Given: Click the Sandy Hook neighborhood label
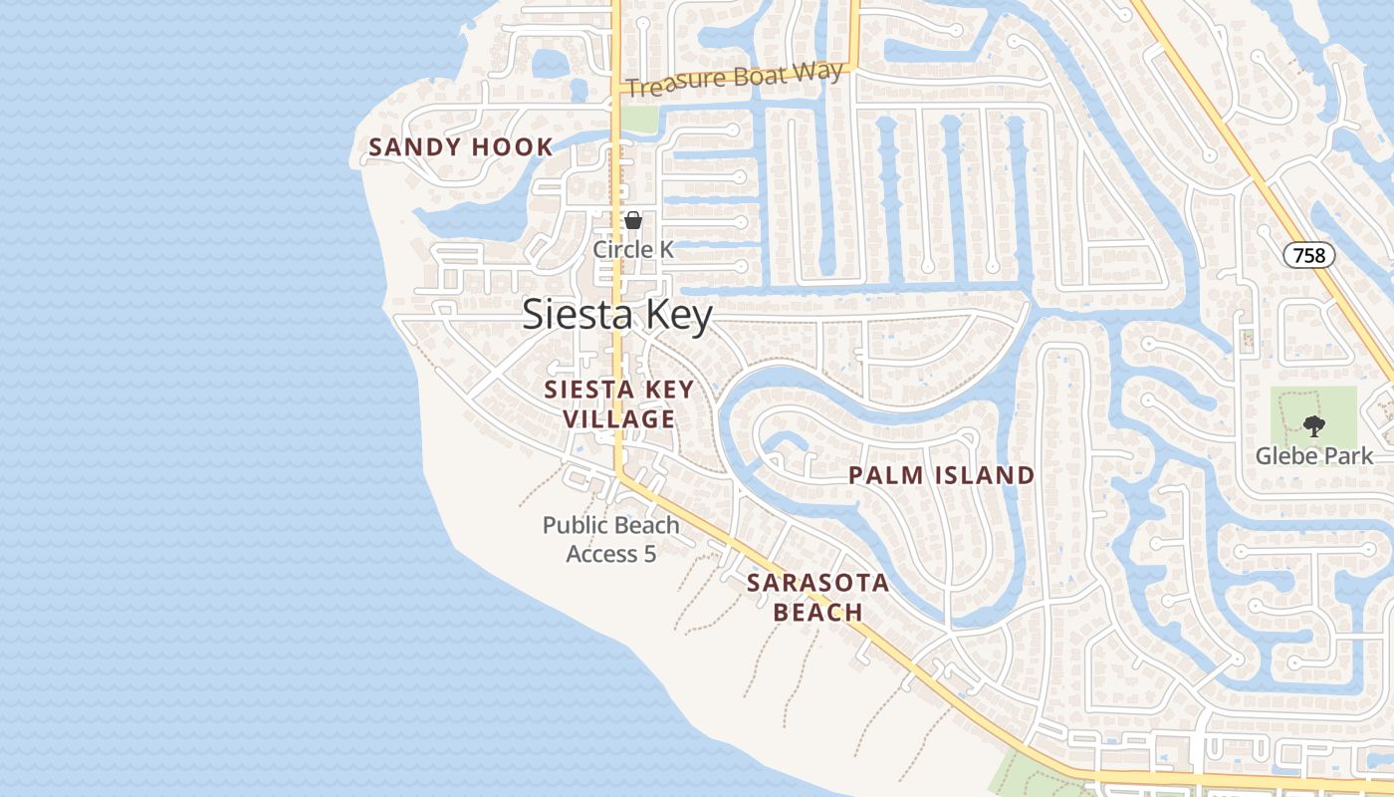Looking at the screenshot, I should tap(460, 147).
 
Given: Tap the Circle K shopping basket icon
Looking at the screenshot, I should tap(632, 220).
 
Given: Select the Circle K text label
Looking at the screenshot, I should tap(633, 249).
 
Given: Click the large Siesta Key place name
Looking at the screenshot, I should tap(617, 316).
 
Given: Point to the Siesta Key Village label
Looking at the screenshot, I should tap(618, 403).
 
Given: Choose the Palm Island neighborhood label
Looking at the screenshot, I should tap(941, 475).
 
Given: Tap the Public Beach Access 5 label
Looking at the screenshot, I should tap(610, 539).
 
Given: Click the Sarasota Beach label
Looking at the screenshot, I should tap(817, 597).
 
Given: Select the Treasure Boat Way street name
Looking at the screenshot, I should tap(736, 79).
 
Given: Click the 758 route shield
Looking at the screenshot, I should tap(1308, 255).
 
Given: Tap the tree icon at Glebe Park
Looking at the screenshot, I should tap(1313, 426).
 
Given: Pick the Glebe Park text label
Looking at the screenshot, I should tap(1313, 456).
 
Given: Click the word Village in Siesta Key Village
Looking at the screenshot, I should tap(618, 419).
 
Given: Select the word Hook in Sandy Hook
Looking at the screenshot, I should tap(511, 147).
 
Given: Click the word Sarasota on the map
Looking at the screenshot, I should tap(817, 583).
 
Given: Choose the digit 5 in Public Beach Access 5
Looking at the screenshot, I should tap(649, 554).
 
